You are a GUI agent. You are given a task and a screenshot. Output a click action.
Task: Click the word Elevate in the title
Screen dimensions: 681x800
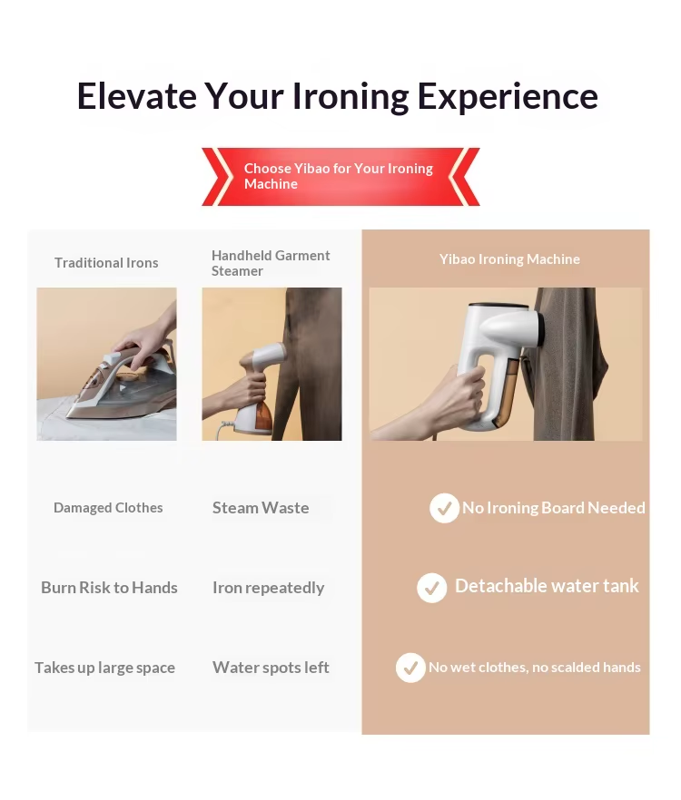(137, 96)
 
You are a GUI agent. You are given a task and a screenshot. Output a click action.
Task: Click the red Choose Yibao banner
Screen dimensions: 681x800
(340, 177)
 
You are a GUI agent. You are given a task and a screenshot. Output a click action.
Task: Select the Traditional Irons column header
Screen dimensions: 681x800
(106, 263)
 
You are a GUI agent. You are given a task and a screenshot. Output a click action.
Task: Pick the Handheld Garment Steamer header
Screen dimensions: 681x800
(271, 263)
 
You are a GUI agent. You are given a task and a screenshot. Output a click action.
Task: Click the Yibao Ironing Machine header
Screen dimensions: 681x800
(509, 259)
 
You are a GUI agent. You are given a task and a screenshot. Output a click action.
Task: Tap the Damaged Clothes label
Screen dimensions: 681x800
(108, 508)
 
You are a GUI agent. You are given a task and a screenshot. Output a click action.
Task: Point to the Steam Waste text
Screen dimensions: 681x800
(261, 508)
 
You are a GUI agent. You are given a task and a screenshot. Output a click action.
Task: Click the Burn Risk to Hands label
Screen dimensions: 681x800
(109, 588)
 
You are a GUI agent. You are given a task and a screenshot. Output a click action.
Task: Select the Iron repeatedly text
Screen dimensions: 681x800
(268, 589)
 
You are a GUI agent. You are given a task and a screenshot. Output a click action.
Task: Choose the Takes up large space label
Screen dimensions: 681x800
(104, 668)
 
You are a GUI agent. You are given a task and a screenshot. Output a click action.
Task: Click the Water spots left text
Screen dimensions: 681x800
(271, 668)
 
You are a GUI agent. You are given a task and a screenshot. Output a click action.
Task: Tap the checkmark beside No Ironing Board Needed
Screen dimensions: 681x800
(444, 508)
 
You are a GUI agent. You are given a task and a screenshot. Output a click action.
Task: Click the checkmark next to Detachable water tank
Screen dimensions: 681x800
(431, 588)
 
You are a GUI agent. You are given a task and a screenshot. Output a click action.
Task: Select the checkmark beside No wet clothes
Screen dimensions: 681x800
(410, 668)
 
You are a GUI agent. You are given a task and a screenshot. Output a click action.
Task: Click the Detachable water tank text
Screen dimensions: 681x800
(547, 586)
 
